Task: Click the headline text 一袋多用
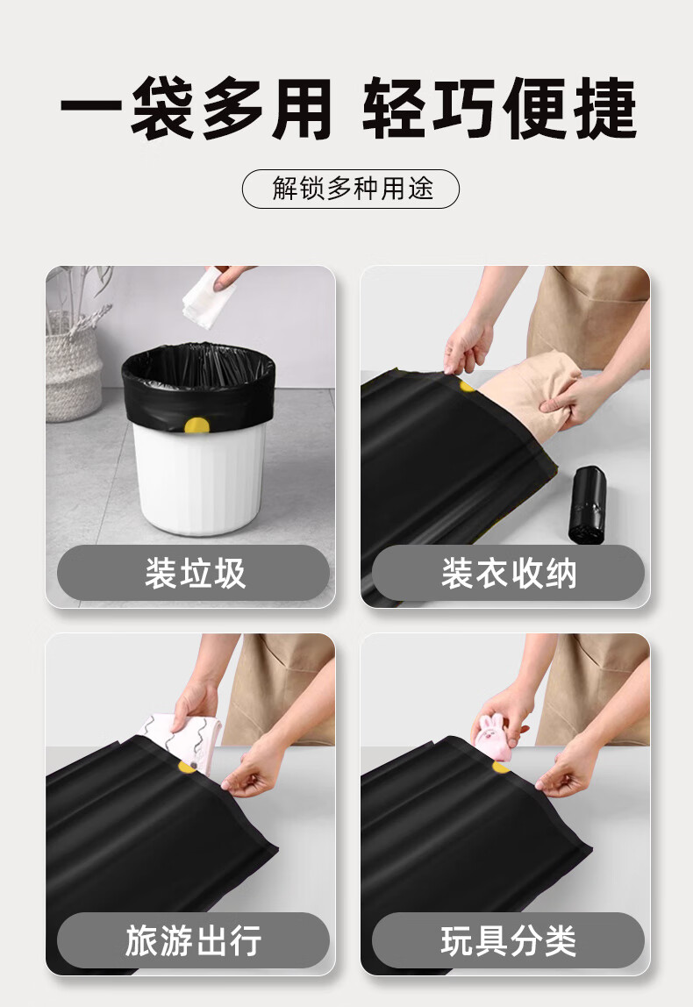coord(196,108)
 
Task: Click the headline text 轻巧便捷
coord(499,108)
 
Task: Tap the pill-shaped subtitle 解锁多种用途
coord(351,189)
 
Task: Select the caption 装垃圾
coord(195,573)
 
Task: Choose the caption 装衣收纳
coord(509,573)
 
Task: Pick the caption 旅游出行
coord(193,940)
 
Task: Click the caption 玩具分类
coord(509,940)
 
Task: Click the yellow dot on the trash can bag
coord(196,425)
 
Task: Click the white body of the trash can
coord(199,478)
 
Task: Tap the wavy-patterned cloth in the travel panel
coord(182,741)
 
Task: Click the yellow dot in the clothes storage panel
coord(467,387)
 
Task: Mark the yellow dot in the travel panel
coord(187,767)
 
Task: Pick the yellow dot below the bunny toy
coord(500,767)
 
